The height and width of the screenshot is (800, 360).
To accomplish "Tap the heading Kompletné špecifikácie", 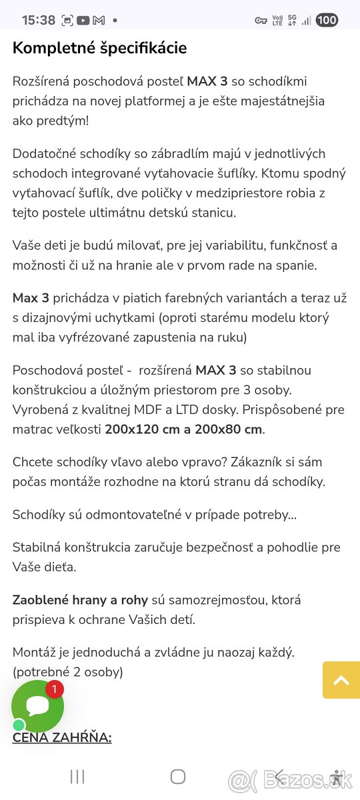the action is pos(100,48).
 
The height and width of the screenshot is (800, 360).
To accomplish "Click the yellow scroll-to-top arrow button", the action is pos(341,680).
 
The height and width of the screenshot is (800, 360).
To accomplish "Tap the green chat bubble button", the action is pos(37,705).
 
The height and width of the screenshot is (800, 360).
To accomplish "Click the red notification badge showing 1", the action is pos(54,689).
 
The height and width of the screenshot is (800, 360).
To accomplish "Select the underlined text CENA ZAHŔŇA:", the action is pos(62,737).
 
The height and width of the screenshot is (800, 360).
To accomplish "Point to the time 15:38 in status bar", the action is pos(39,20).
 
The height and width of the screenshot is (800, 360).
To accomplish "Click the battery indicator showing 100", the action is pos(327,20).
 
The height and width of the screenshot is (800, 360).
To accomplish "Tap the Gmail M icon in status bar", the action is pos(99,20).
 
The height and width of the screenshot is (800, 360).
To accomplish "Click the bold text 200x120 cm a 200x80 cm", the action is pos(184,429).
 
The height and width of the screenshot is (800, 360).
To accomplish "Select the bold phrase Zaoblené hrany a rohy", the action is pos(81,600).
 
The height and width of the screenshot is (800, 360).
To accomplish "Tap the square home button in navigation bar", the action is pos(178,776).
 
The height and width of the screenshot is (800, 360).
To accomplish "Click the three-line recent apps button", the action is pos(77,776).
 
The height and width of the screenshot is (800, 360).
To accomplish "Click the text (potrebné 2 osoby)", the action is pos(68,672).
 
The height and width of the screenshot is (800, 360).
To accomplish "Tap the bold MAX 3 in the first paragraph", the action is pos(207,82).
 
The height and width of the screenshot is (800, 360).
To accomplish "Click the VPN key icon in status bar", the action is pos(261,21).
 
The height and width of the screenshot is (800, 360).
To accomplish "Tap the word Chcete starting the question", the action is pos(33,462).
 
